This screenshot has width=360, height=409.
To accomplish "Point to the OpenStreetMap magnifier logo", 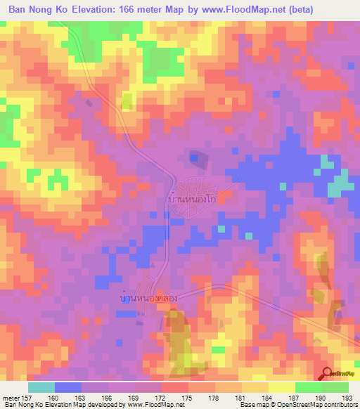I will pos(328,373).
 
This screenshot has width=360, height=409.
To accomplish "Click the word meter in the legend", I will pos(13,397).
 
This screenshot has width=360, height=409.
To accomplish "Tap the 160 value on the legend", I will pos(56,397).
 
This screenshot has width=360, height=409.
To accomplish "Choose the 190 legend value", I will pos(321,397).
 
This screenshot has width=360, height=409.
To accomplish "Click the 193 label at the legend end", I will pos(346,397).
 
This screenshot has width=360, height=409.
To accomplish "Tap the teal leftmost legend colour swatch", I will pos(41,387).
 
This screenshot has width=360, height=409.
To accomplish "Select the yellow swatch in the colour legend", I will pos(281,387).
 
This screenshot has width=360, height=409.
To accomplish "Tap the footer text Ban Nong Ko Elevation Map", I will pos(42,405).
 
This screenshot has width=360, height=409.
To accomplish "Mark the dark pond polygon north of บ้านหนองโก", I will pos(198,160).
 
